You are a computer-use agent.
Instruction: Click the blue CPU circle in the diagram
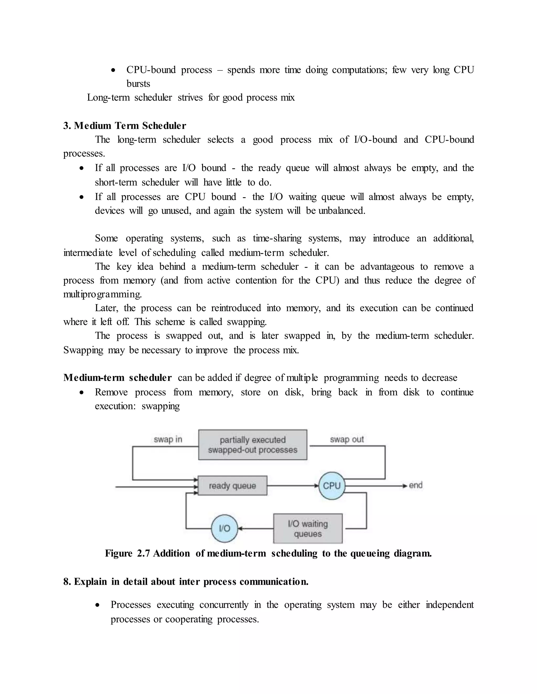331,486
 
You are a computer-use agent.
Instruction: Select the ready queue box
232,486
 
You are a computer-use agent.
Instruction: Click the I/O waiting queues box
308,528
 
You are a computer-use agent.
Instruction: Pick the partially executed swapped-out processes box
253,445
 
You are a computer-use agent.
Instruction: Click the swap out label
346,439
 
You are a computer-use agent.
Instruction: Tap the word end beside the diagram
416,485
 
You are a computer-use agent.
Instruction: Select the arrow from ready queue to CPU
293,486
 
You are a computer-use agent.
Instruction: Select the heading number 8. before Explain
67,581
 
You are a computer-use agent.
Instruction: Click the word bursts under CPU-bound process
138,84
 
